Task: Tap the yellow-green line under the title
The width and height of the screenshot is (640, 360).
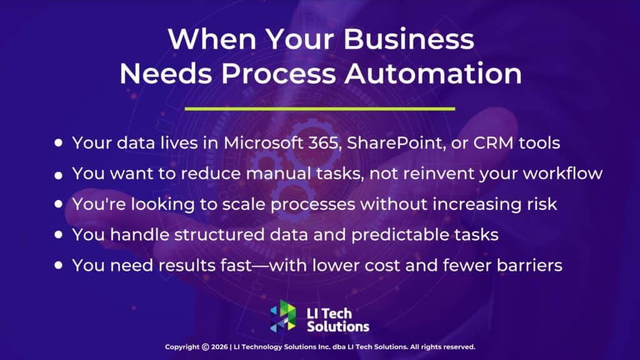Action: [320, 109]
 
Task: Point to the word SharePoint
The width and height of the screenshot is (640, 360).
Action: [386, 142]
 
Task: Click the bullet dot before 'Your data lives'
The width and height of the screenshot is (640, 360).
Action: [59, 143]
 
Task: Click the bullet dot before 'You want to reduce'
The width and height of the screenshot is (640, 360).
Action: [59, 176]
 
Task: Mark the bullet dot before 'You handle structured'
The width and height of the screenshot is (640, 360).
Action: [59, 235]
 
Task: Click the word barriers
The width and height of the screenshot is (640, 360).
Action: [531, 265]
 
